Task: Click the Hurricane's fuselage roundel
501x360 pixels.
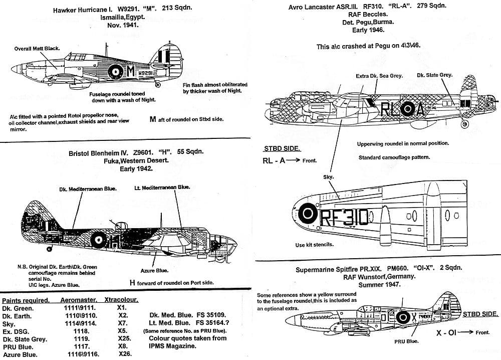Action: [116, 71]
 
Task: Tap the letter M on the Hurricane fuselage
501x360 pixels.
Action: [131, 71]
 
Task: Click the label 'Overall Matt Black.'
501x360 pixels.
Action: [37, 49]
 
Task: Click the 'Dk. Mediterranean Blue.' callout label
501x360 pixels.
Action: [87, 189]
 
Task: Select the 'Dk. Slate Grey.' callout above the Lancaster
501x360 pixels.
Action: [434, 75]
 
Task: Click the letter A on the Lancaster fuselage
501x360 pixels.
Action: [420, 109]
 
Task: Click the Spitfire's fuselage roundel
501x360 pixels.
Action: [403, 317]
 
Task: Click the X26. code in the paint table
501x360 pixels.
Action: [125, 355]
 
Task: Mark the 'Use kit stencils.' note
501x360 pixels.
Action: [315, 245]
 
